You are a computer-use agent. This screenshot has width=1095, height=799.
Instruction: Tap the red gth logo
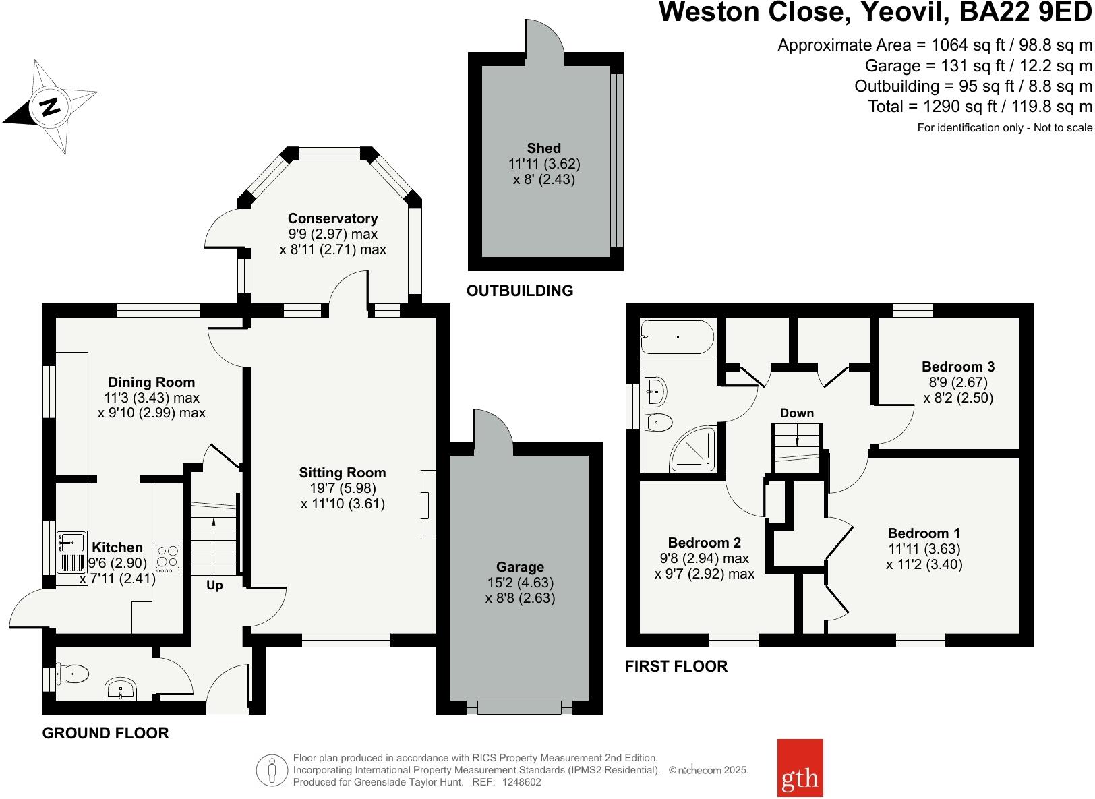(x=800, y=768)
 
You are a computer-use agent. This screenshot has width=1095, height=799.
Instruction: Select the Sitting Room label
(x=343, y=473)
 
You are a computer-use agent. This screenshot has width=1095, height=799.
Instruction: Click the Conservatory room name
(x=332, y=218)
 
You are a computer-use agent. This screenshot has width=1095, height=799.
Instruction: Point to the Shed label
(x=543, y=148)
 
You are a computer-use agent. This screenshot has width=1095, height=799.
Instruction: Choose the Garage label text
(x=520, y=567)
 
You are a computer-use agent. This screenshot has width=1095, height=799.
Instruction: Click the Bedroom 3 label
(x=958, y=366)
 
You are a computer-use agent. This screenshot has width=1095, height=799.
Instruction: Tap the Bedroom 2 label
(x=705, y=542)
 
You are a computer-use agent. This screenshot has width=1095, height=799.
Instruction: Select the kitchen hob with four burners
(x=168, y=558)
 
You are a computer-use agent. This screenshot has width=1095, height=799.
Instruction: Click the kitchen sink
(x=71, y=552)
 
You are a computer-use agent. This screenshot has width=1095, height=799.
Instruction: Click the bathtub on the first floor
(x=678, y=337)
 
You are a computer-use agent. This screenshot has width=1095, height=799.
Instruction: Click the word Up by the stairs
(x=214, y=585)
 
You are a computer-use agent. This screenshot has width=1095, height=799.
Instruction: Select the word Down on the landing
(x=797, y=413)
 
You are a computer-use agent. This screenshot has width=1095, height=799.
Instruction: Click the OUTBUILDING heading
(x=520, y=291)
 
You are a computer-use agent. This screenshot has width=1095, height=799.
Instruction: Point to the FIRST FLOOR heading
(x=676, y=666)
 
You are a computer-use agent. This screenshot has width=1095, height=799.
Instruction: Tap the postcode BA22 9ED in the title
(x=1025, y=11)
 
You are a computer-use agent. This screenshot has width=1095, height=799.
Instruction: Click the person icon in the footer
(x=272, y=770)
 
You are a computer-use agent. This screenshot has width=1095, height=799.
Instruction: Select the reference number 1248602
(x=522, y=782)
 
